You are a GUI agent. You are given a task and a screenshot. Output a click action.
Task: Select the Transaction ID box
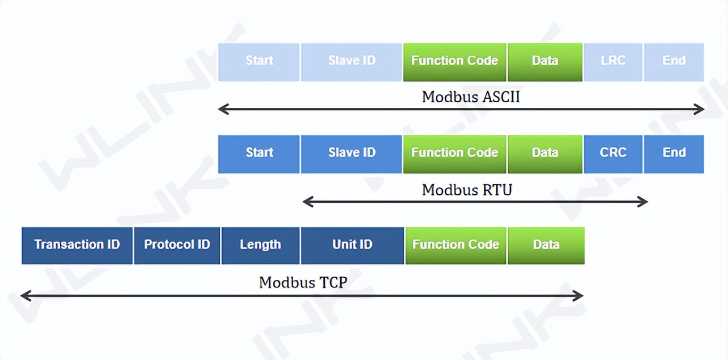[77, 245]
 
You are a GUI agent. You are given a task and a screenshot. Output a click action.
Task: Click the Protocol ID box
[177, 245]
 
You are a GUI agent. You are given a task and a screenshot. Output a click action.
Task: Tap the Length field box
[260, 245]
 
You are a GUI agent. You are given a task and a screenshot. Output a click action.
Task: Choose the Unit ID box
[352, 245]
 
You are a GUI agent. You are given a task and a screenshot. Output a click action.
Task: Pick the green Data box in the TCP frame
[546, 245]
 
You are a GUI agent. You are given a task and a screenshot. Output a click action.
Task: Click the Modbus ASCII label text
[471, 97]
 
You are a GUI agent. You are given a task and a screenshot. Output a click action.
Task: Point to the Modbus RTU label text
[467, 190]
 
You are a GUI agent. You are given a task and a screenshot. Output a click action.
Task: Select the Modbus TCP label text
[303, 282]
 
